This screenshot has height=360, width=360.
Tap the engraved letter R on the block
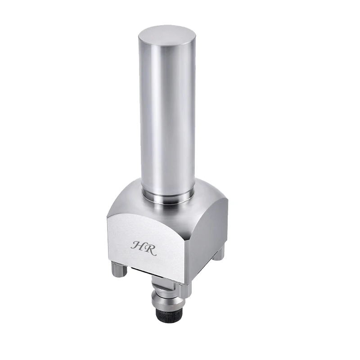point(150,249)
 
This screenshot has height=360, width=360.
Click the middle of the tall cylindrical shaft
point(167,112)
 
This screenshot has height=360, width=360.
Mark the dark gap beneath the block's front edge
point(148,276)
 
